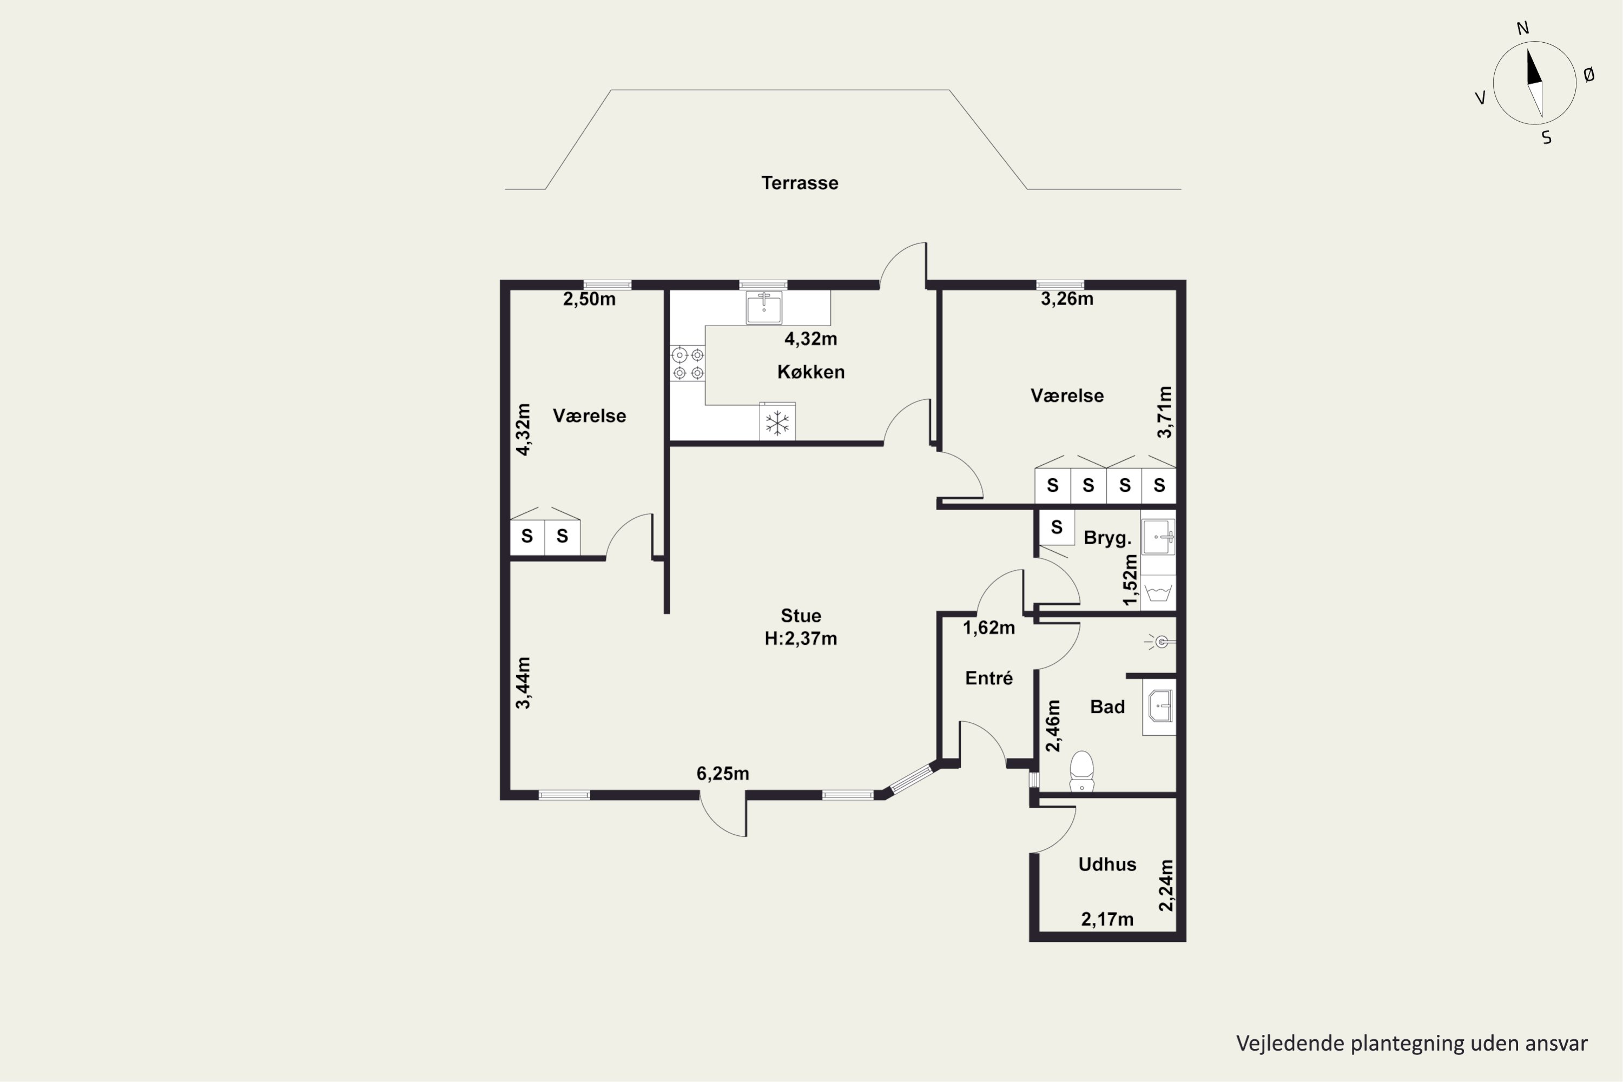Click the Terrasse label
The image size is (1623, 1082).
click(800, 183)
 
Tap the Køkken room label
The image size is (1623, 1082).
click(811, 372)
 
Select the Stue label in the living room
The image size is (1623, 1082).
click(801, 616)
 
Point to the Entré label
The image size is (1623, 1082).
click(989, 678)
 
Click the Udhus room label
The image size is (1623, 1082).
click(1107, 864)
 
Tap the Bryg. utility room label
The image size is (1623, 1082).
click(1107, 538)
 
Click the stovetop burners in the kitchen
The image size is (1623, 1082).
click(688, 364)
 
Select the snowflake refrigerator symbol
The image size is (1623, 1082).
click(777, 423)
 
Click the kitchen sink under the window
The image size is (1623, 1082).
click(764, 308)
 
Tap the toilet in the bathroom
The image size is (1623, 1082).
click(1081, 771)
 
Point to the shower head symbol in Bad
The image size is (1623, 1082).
click(1160, 643)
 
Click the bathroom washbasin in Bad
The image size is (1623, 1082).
click(1159, 707)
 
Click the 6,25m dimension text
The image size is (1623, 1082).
click(722, 774)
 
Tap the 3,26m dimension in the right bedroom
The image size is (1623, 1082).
click(1067, 299)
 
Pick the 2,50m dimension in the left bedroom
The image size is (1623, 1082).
click(589, 300)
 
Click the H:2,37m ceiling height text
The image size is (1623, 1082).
click(801, 638)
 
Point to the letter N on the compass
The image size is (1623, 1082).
click(1523, 28)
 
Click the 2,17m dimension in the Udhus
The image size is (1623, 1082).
click(1107, 919)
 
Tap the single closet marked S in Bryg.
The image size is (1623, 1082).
click(1057, 527)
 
